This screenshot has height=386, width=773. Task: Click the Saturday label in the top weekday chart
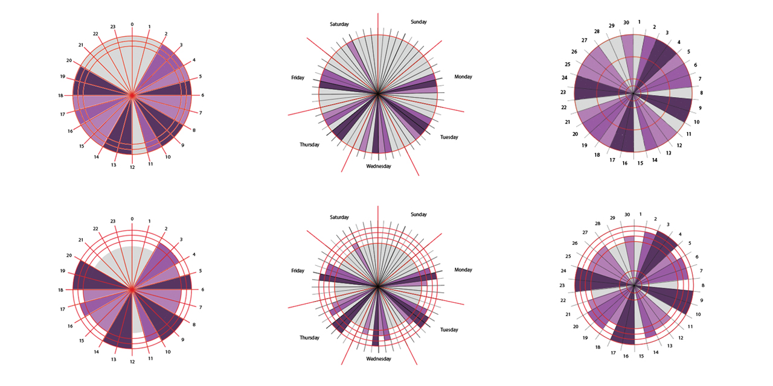pos(339,24)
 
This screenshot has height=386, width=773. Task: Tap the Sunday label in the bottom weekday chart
pos(419,215)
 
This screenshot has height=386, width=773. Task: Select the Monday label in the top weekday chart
pos(463,77)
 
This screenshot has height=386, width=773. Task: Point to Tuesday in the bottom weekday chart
pos(449,330)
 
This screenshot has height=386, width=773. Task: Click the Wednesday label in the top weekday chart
pos(379,166)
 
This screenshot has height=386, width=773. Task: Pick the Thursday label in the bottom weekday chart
pos(309,338)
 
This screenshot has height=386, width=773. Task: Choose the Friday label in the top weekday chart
pos(298,78)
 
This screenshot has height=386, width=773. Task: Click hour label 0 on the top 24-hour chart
pos(132,25)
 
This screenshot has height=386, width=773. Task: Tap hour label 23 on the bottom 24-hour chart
pos(113,221)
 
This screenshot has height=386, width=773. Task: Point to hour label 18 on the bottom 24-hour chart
pos(61,290)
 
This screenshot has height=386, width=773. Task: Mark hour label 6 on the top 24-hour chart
pos(202,95)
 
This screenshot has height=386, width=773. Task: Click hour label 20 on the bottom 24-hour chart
pos(69,255)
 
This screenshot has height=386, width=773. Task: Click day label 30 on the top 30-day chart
pos(626,23)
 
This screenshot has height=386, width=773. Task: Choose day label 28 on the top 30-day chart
pos(597,31)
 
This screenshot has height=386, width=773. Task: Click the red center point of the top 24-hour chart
pos(132,95)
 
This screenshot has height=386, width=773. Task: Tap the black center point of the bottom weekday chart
pos(377,287)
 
